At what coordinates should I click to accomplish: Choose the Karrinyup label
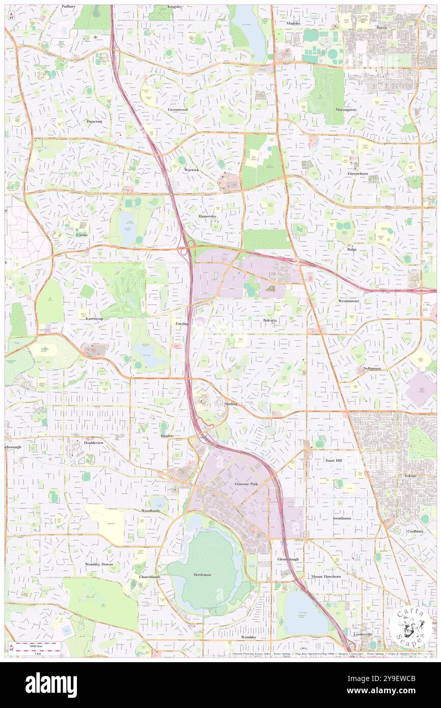pos(88,317)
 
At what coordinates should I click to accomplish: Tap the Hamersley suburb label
pos(207,216)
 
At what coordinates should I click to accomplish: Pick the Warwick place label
pos(191,169)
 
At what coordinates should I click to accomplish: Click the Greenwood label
pos(178,109)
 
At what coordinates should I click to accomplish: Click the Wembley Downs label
pos(99,564)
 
